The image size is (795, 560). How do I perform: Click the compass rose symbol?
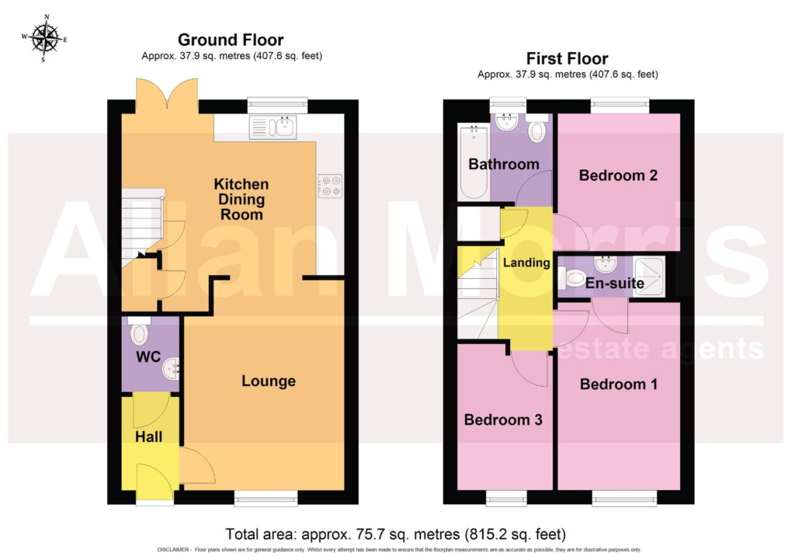(44, 39)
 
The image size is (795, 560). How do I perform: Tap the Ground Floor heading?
(231, 40)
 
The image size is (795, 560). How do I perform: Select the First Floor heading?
(567, 58)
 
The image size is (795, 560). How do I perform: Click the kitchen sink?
(273, 127)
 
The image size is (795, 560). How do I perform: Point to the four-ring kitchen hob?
(330, 186)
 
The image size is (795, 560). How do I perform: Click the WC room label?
(148, 357)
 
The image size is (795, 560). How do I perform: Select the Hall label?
(148, 437)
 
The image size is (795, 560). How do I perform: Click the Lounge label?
(268, 381)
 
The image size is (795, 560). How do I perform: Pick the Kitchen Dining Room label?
(241, 199)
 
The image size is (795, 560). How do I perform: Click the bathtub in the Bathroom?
(474, 162)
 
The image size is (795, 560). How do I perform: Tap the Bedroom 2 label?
(618, 176)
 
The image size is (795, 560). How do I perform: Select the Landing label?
(526, 263)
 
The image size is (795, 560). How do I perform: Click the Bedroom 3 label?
(503, 419)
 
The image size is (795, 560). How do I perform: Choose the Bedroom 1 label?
(619, 384)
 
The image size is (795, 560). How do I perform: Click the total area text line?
(395, 534)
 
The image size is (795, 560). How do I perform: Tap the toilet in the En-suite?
(571, 277)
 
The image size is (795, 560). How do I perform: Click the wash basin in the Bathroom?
(506, 122)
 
